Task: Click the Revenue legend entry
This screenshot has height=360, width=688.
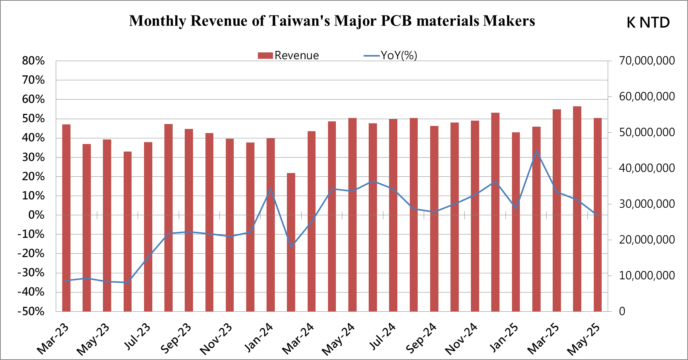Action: click(288, 55)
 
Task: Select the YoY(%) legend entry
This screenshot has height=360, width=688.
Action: click(391, 55)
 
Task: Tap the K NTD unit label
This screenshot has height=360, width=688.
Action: click(648, 23)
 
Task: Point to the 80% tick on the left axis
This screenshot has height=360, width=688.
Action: click(34, 61)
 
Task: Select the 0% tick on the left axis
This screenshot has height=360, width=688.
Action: click(36, 215)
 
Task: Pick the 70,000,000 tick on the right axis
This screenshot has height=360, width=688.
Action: click(647, 61)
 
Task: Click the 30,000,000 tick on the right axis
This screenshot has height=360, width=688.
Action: click(647, 204)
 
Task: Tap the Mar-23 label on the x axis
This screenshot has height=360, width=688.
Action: click(53, 339)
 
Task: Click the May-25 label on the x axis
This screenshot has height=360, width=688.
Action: click(584, 339)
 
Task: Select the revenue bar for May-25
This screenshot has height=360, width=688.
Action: click(598, 215)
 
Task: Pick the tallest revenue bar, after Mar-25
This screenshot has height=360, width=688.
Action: click(577, 209)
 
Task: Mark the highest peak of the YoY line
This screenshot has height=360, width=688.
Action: click(536, 151)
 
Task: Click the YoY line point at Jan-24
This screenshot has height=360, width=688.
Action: click(271, 189)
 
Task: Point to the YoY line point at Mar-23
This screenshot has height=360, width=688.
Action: click(66, 280)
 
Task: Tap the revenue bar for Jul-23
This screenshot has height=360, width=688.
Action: click(148, 227)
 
